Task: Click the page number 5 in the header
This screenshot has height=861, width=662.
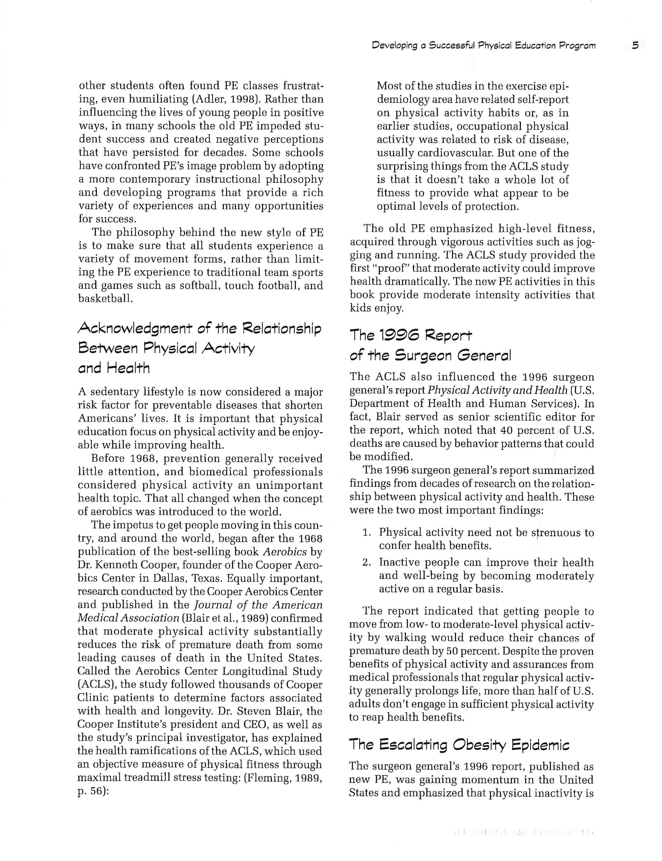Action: point(635,45)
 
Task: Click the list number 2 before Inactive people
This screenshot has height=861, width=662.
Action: point(366,563)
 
